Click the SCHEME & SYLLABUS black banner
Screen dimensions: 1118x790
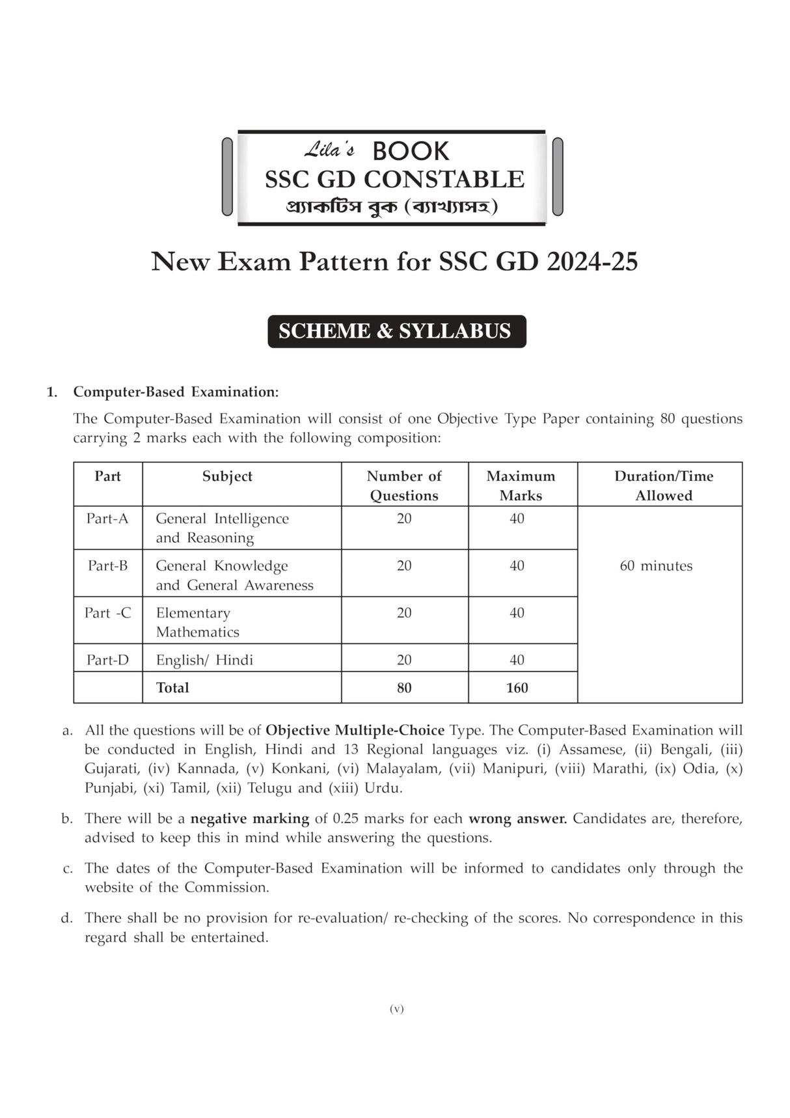[396, 331]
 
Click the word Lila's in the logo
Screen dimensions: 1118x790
[329, 151]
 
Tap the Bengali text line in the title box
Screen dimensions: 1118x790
[392, 207]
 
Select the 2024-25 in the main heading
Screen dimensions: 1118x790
[592, 262]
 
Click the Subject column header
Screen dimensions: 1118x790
[227, 476]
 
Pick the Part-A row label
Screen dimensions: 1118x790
[107, 519]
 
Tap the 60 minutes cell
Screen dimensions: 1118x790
[656, 566]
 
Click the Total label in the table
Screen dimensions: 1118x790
[172, 688]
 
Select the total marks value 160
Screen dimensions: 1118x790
[517, 688]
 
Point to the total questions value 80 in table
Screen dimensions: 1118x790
[404, 688]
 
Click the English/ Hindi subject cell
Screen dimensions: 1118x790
[204, 660]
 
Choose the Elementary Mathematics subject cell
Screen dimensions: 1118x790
[197, 622]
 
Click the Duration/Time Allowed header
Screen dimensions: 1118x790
[663, 485]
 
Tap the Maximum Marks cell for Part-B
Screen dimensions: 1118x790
[517, 566]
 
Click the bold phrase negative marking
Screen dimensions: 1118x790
[249, 819]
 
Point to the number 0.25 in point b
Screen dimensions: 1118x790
[345, 819]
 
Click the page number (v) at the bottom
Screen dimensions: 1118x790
[396, 1009]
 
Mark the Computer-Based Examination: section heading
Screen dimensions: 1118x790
[176, 392]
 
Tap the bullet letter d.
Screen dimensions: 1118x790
[66, 918]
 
